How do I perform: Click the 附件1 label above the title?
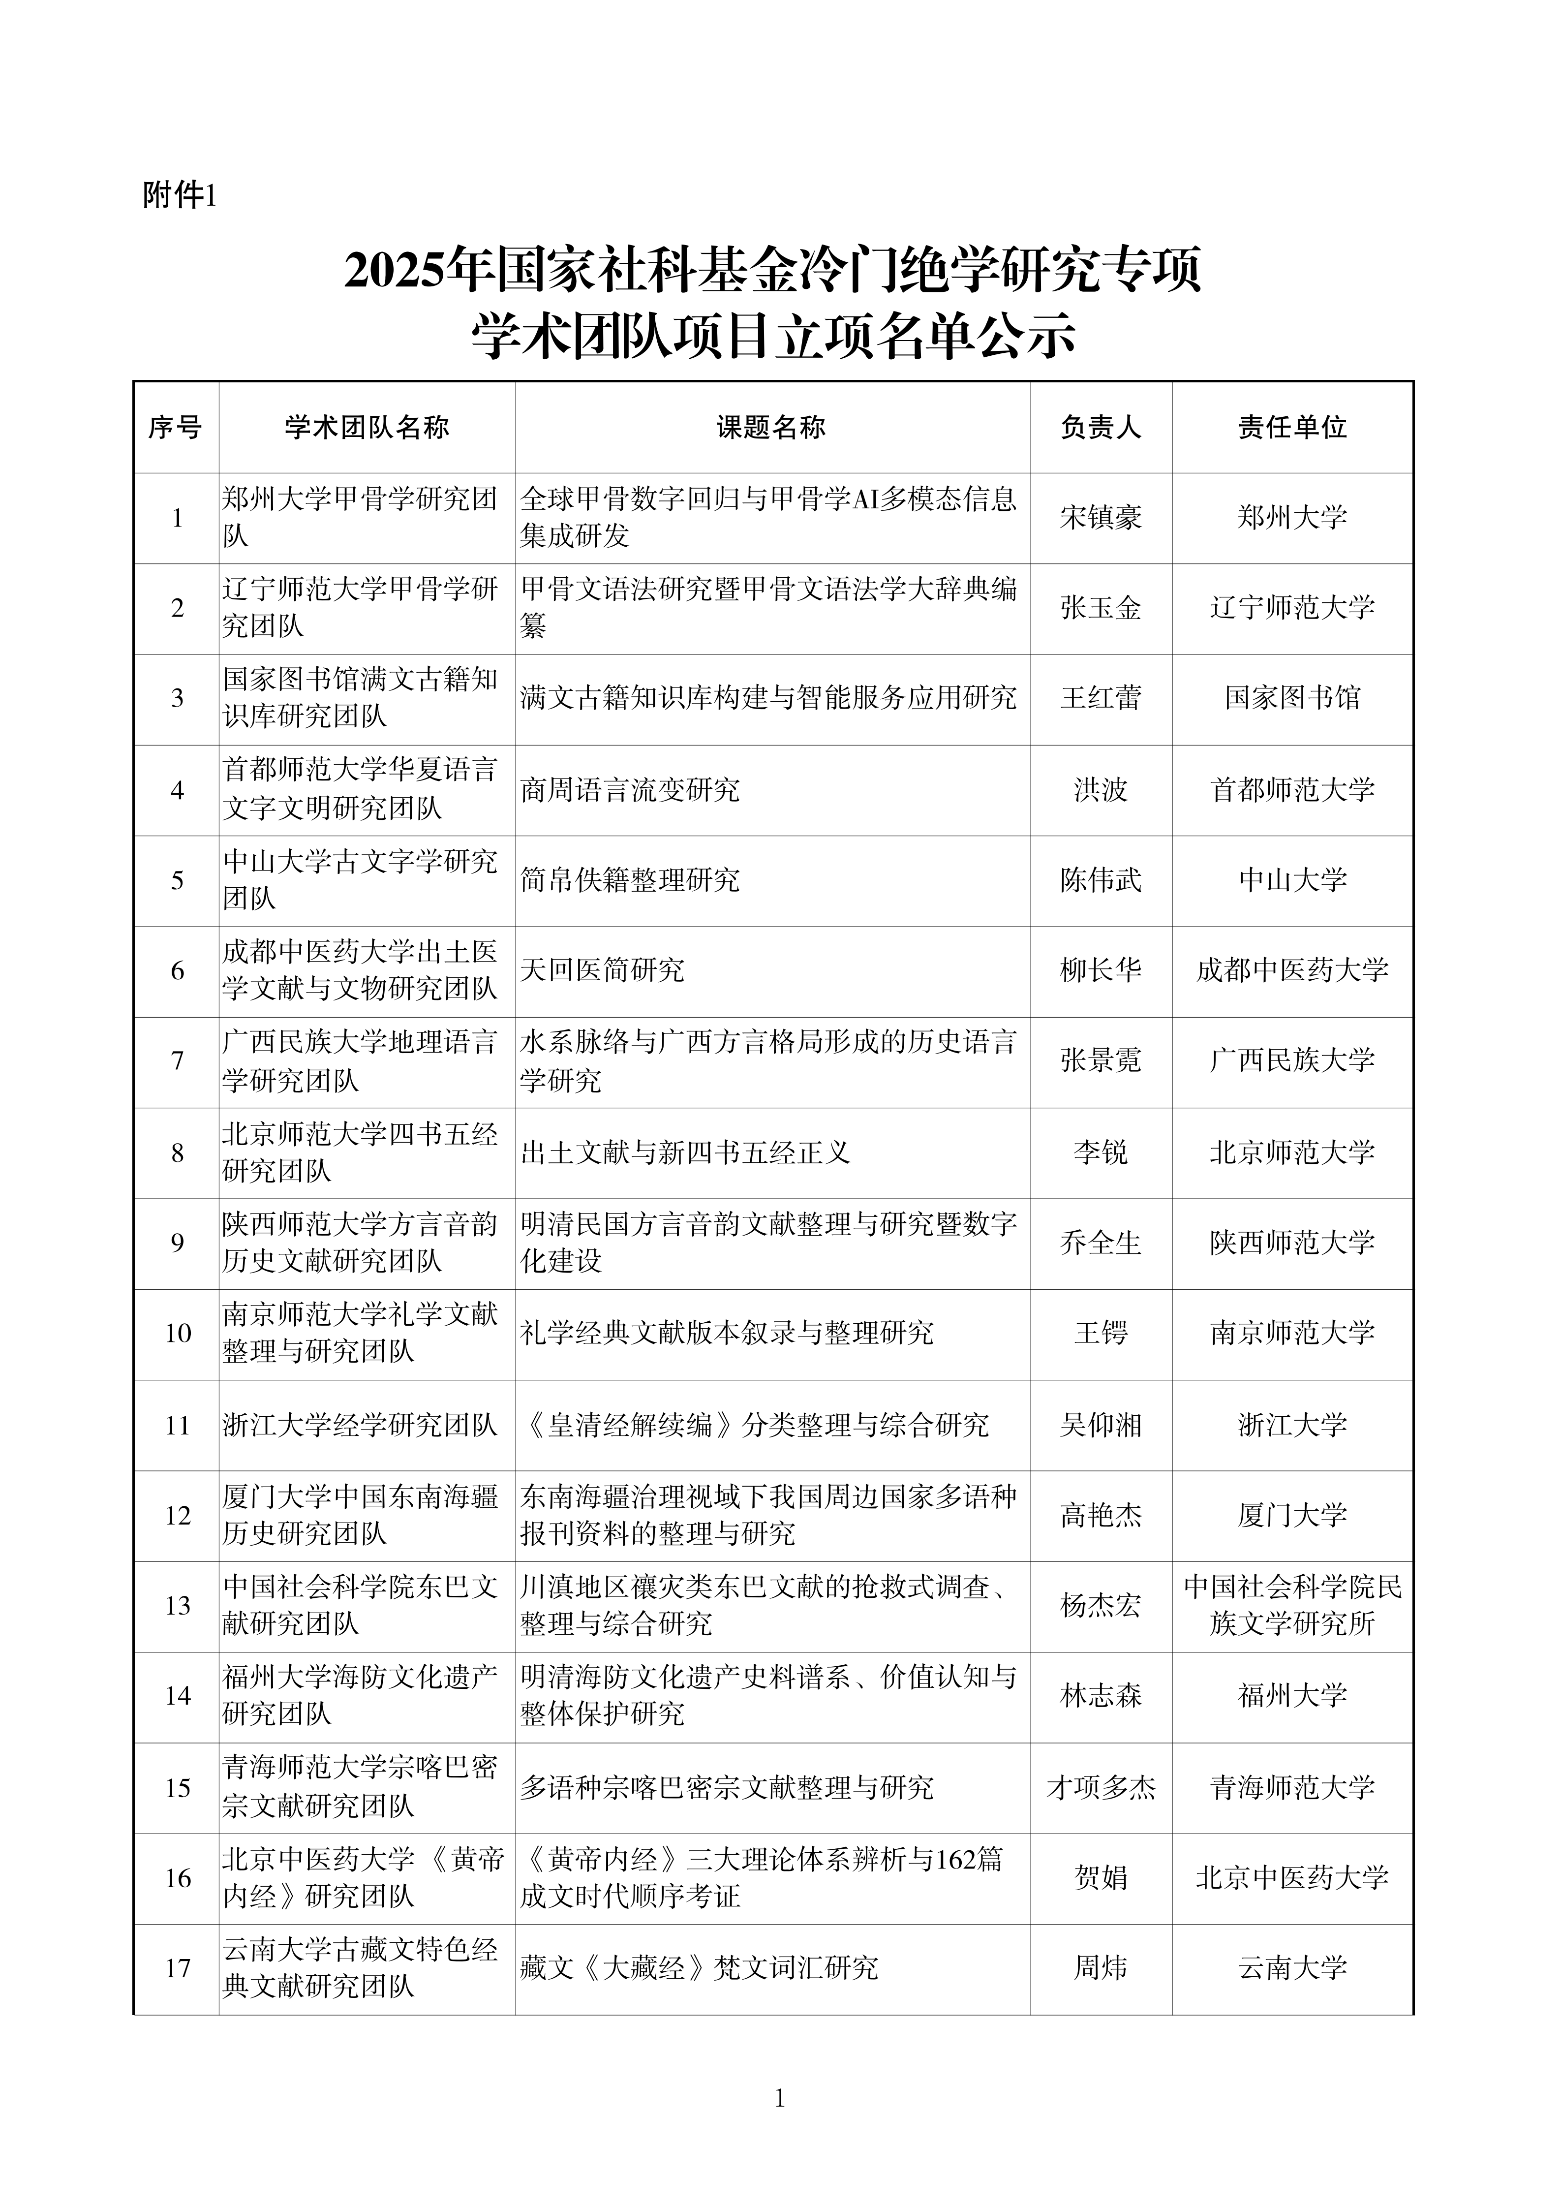[x=180, y=196]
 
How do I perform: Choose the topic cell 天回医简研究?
[x=603, y=970]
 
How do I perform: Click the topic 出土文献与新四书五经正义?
[x=685, y=1152]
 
